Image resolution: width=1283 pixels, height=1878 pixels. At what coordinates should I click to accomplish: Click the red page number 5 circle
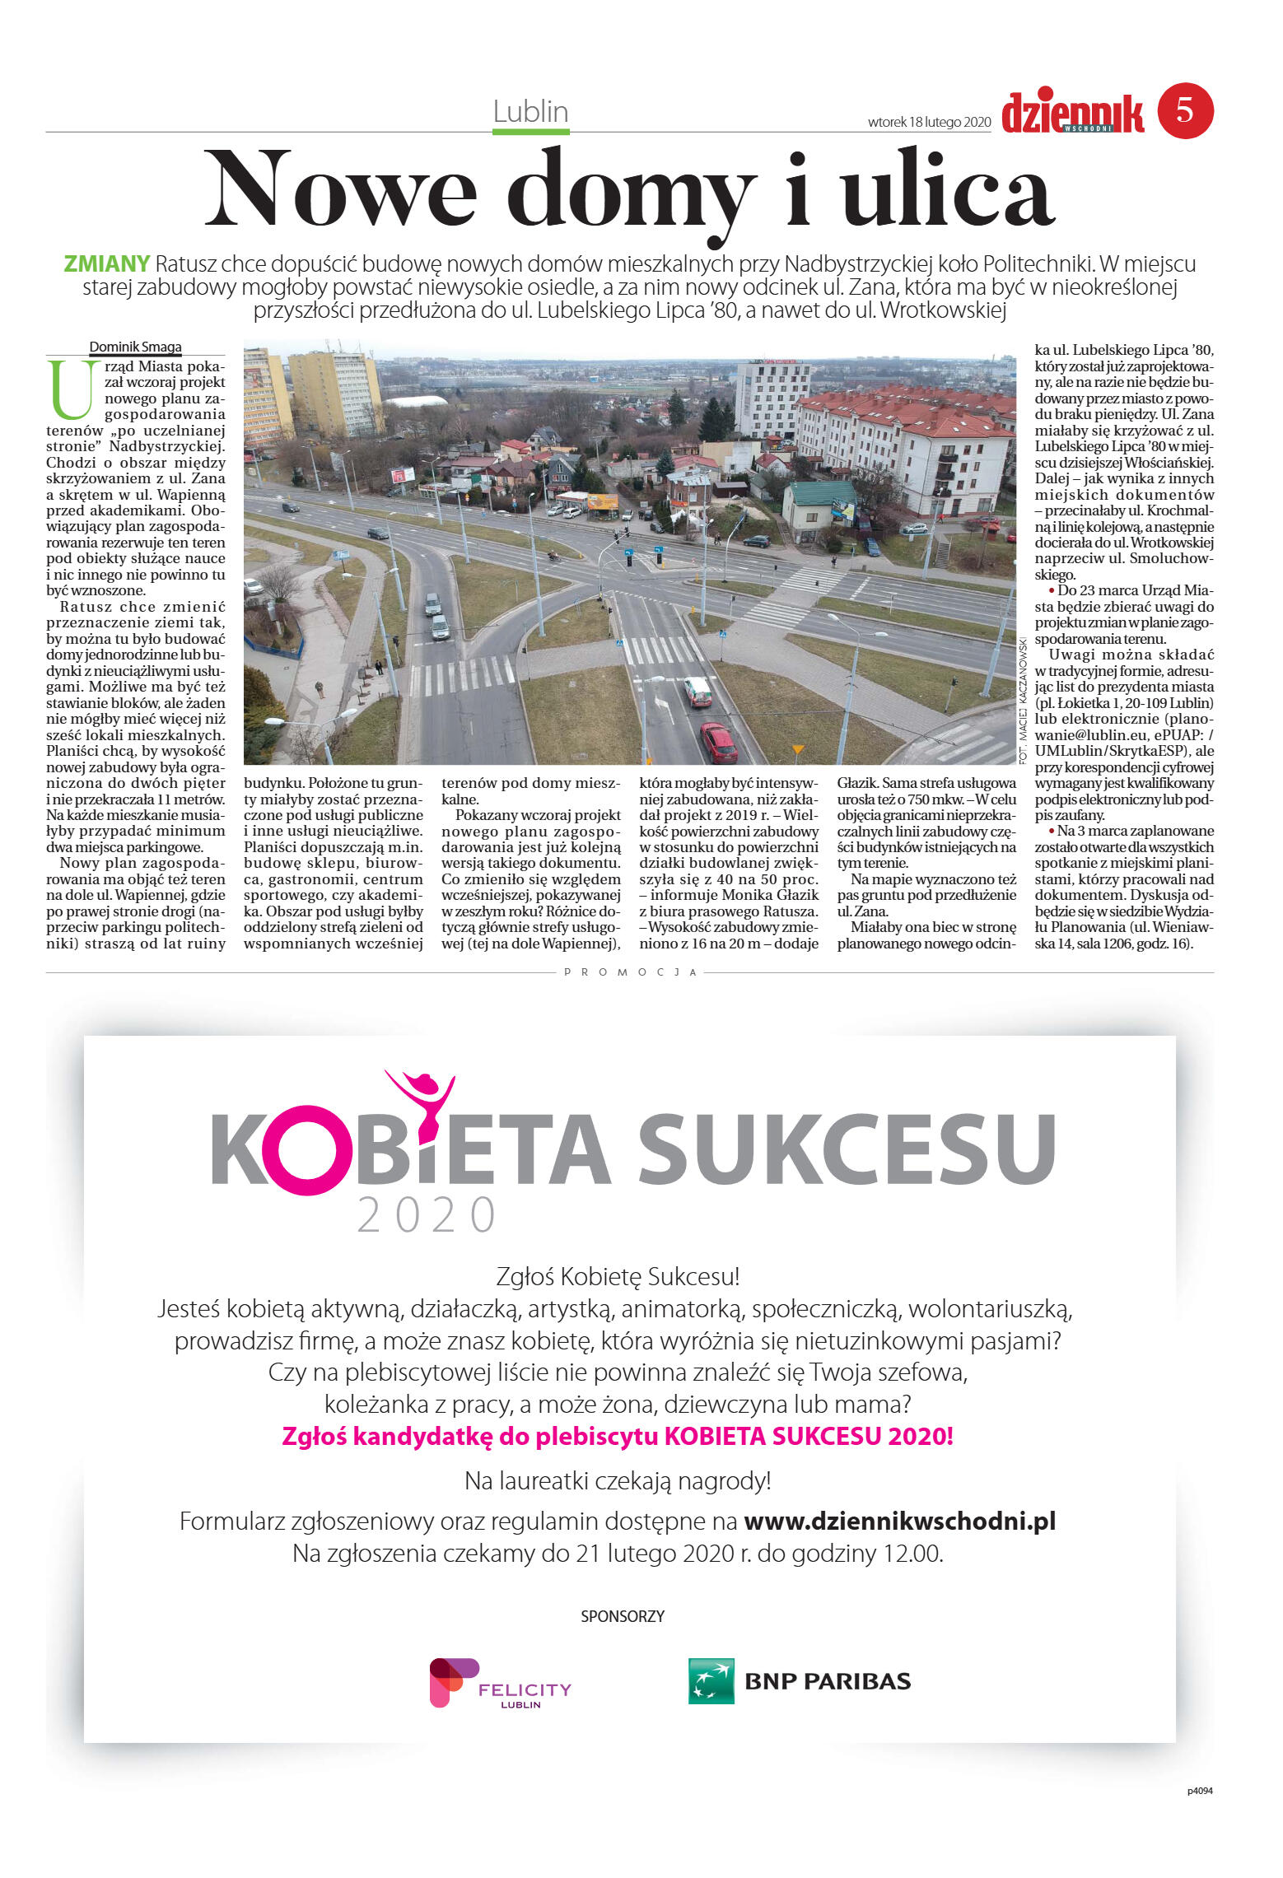click(1185, 110)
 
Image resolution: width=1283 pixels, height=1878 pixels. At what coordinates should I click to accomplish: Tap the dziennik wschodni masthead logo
click(1072, 114)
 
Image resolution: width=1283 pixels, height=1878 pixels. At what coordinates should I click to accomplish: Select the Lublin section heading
click(530, 111)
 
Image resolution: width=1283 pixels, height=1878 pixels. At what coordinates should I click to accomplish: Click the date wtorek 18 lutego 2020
click(929, 122)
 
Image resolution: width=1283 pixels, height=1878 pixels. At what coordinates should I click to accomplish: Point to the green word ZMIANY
click(107, 264)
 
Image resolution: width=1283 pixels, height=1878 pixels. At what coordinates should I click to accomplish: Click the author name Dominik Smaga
click(135, 347)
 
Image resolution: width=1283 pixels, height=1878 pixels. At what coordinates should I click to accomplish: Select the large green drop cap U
click(69, 389)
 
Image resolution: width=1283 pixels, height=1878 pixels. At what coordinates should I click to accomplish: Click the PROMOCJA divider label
click(631, 972)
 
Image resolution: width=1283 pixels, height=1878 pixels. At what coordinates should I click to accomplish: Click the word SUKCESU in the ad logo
click(846, 1149)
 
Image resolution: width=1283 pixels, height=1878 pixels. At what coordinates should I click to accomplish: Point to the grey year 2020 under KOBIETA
click(427, 1214)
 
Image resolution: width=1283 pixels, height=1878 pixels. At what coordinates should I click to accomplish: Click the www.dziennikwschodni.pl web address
click(899, 1521)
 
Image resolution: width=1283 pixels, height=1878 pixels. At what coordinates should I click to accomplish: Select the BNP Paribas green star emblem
click(711, 1680)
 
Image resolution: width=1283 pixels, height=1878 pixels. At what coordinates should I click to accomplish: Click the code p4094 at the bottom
click(1199, 1791)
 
